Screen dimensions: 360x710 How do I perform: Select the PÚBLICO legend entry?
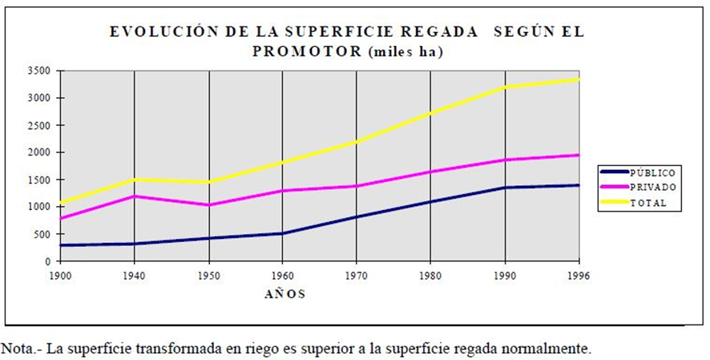[x=652, y=172]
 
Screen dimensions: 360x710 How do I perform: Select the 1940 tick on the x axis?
[x=134, y=274]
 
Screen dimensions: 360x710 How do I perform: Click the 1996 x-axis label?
[x=578, y=274]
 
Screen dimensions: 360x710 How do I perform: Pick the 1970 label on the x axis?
[x=356, y=274]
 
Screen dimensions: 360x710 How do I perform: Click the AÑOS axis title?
[x=284, y=293]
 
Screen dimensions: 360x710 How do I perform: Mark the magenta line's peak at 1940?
[x=134, y=196]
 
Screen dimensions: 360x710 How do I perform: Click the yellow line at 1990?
[x=505, y=87]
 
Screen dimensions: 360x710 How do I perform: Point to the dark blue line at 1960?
[x=283, y=233]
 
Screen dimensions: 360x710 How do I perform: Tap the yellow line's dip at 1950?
[x=208, y=182]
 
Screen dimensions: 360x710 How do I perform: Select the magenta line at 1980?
[x=431, y=172]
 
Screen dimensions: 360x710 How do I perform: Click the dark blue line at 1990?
[x=505, y=188]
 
